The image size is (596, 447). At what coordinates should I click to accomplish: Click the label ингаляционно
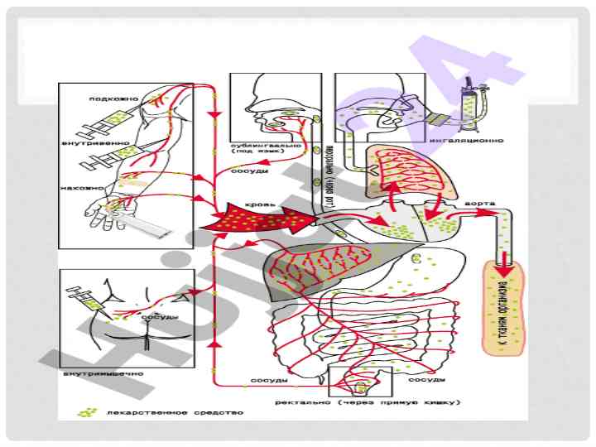point(475,140)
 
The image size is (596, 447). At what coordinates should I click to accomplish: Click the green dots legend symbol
point(85,411)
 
